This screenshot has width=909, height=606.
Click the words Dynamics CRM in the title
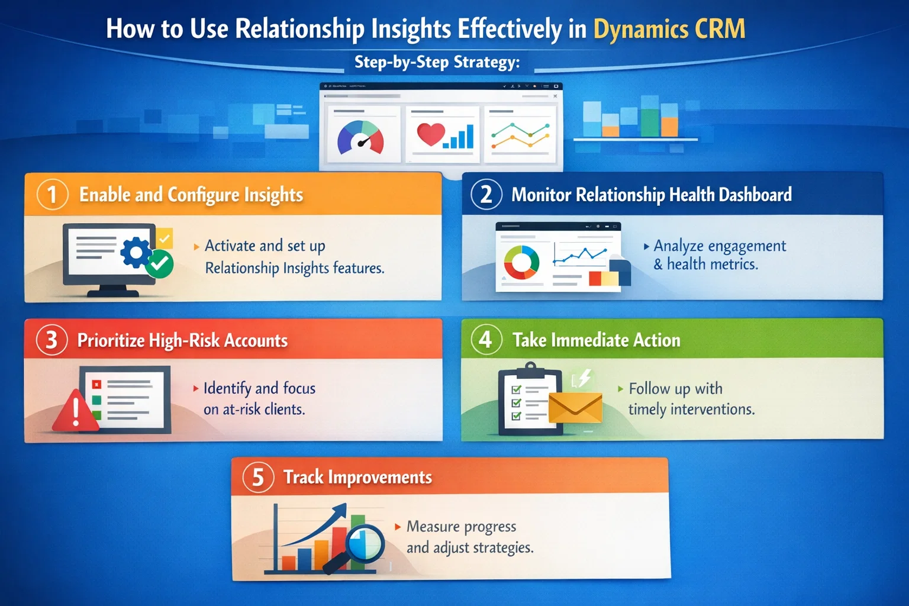669,29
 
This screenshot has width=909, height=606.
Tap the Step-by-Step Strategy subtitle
437,62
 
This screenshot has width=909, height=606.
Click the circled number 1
52,195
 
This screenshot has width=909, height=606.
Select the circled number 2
486,195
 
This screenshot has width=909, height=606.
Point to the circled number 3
51,340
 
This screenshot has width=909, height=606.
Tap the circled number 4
485,340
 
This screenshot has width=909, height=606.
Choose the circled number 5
258,477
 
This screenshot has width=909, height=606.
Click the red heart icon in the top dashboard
430,134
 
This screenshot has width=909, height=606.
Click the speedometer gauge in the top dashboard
360,138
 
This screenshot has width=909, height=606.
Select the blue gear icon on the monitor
136,253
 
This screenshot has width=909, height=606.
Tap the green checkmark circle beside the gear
159,264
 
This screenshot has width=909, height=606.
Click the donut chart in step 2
521,262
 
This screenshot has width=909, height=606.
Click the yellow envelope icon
575,408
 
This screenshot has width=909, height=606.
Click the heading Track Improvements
357,477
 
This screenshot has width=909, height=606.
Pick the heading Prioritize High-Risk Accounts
182,340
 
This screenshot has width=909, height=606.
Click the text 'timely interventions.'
691,410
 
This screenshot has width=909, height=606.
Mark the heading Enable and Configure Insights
191,195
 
